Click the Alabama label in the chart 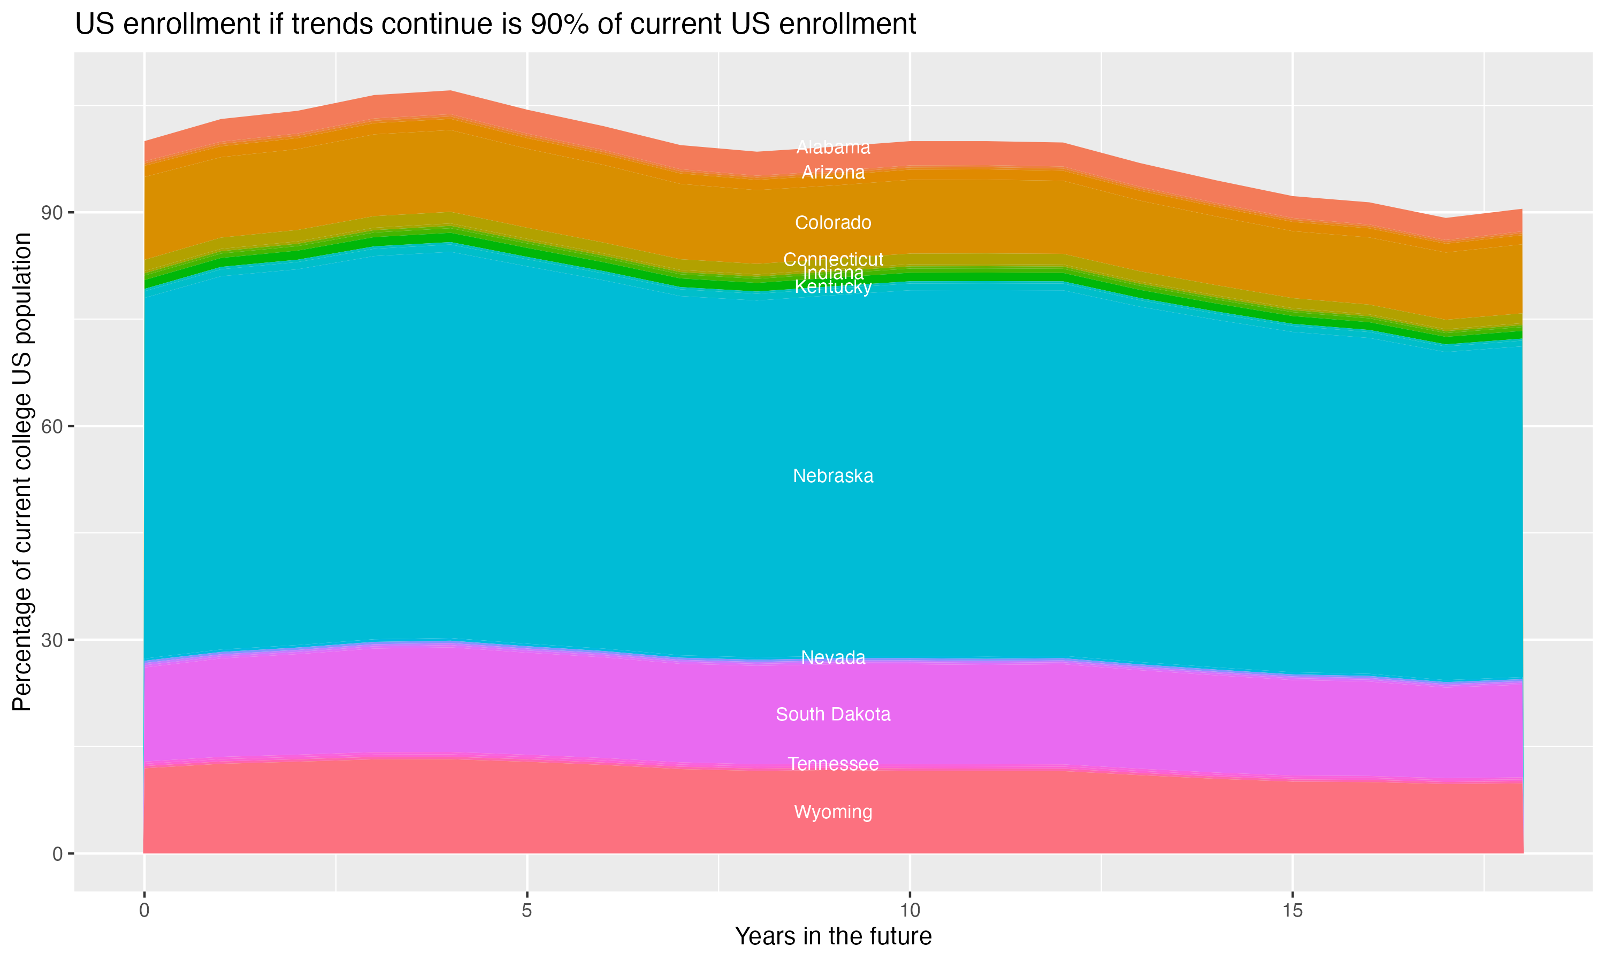tap(833, 148)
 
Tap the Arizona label tap(833, 173)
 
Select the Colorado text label tap(833, 222)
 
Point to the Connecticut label tap(833, 259)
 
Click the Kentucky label tap(833, 287)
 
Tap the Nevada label tap(833, 657)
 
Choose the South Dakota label tap(833, 715)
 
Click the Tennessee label tap(833, 764)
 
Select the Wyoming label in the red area tap(833, 812)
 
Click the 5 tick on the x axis tap(527, 910)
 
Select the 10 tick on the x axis tap(909, 910)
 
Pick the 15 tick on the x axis tap(1293, 910)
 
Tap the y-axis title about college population tap(22, 471)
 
